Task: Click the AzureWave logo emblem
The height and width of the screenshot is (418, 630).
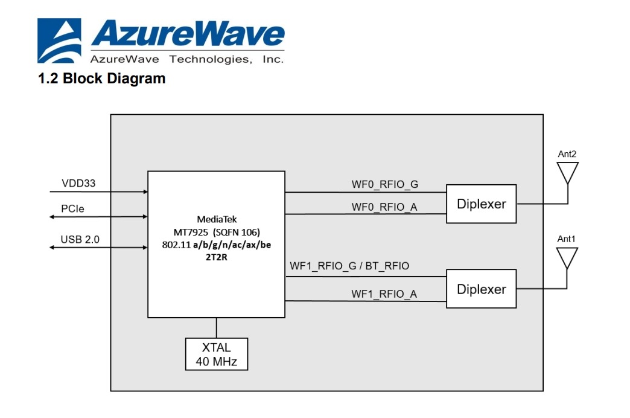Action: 59,40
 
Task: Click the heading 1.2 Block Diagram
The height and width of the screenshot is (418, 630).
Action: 101,78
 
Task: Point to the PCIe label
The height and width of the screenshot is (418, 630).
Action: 73,209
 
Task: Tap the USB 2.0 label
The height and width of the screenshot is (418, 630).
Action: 80,240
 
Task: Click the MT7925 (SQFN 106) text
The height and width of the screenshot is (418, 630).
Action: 216,232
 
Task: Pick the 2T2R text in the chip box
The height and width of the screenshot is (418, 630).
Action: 216,258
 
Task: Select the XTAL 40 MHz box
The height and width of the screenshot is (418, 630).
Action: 216,354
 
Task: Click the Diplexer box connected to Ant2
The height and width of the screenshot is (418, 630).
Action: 481,204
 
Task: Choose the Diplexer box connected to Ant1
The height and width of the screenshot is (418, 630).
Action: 481,289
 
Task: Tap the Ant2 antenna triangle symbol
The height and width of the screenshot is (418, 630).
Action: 567,172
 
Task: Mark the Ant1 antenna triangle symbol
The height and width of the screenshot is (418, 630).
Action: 567,257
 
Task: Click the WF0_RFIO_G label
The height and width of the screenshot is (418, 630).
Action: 384,183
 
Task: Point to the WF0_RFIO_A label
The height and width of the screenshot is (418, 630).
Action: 384,207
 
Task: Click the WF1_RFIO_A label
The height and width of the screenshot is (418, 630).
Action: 384,294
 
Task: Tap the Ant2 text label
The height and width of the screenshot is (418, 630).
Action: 567,154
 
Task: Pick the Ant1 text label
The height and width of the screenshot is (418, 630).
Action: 567,239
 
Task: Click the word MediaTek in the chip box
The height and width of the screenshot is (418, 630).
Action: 216,219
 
